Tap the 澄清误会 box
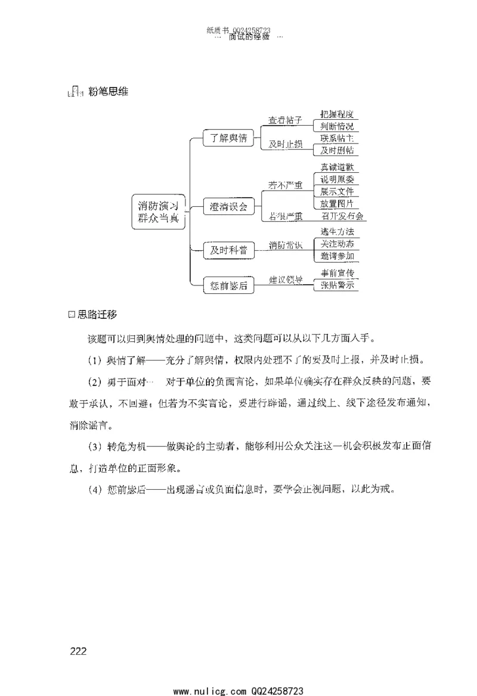click(228, 207)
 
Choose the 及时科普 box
click(228, 251)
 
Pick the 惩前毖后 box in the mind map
click(228, 285)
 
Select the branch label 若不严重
click(285, 185)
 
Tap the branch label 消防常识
click(285, 245)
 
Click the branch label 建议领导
click(285, 279)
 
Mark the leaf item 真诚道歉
click(337, 167)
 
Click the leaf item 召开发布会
click(342, 216)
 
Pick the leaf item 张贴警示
click(337, 285)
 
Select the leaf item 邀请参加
click(337, 256)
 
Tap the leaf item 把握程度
click(337, 114)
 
